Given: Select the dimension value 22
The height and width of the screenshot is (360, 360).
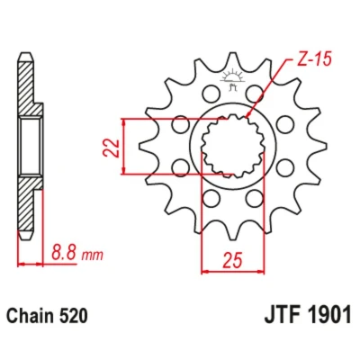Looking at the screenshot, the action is click(x=111, y=148).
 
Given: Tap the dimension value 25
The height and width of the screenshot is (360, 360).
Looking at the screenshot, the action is click(x=232, y=260).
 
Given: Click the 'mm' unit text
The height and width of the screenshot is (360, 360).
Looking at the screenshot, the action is click(x=93, y=256).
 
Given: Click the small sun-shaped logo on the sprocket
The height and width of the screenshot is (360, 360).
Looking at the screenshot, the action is click(x=232, y=78).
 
